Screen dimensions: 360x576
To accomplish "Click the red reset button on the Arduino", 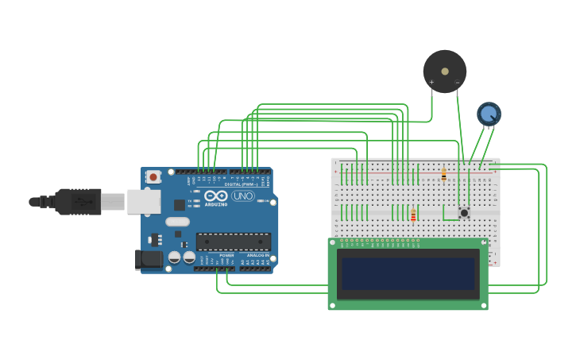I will point(153,176).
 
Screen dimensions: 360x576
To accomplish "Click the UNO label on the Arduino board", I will point(243,195).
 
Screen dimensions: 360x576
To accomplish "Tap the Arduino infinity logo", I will point(215,195).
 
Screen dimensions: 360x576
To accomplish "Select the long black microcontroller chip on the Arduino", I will point(234,241).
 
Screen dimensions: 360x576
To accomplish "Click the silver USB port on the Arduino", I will point(143,202).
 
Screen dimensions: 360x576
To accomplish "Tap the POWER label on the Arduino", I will point(226,255).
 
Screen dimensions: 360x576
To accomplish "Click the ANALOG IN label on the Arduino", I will point(257,255).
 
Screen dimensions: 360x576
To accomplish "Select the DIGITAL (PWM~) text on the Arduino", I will point(239,184).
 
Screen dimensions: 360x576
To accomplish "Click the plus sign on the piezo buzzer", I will point(431,82).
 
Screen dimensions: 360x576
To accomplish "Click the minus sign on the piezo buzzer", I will point(457,82).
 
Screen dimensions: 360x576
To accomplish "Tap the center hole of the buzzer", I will point(445,71).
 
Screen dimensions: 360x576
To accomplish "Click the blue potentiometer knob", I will point(489,114).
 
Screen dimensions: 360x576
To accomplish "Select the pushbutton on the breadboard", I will point(464,213).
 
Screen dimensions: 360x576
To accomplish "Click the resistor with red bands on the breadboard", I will point(413,215).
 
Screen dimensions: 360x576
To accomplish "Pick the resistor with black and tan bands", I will point(443,175).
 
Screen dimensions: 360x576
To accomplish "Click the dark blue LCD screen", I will point(408,273).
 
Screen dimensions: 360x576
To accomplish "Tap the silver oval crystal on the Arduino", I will point(178,222).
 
